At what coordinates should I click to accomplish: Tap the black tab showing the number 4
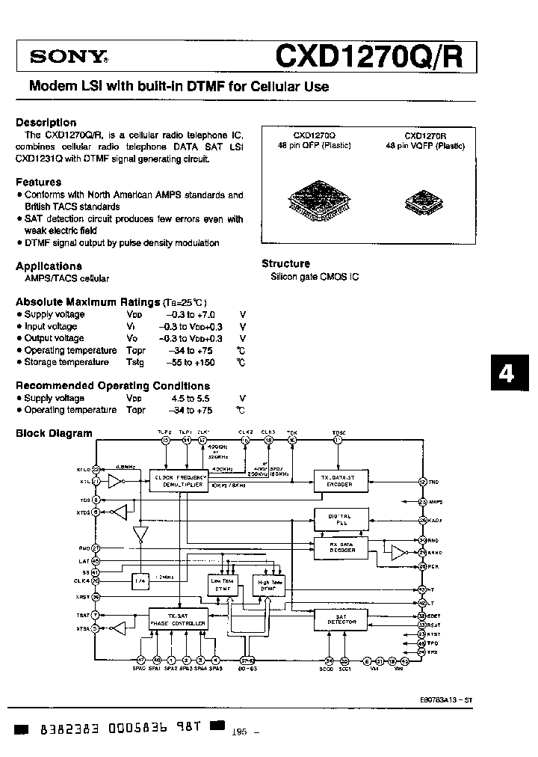507,373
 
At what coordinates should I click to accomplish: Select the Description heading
46,122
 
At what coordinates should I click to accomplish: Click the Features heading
38,182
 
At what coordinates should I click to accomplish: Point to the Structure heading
285,263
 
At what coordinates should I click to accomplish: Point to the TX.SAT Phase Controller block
179,619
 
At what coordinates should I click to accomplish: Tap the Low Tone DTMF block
223,585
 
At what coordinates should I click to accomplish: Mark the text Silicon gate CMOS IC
315,277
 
